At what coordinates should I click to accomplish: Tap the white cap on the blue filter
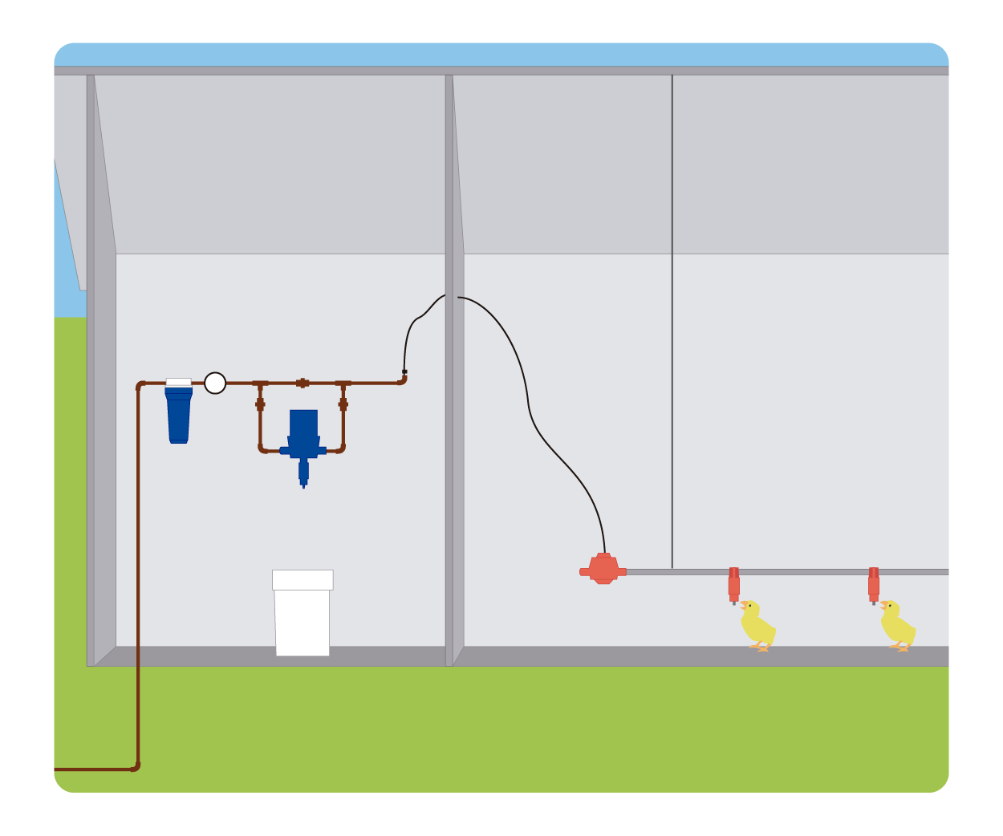coord(178,382)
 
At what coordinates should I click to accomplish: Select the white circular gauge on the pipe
coord(215,383)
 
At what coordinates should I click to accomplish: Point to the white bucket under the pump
coord(303,622)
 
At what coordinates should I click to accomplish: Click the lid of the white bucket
coord(303,579)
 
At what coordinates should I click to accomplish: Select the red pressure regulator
coord(603,569)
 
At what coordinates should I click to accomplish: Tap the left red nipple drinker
coord(733,584)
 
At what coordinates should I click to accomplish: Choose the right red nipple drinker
coord(874,584)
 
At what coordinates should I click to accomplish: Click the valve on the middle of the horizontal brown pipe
coord(303,383)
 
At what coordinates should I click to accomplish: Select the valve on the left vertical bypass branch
coord(260,404)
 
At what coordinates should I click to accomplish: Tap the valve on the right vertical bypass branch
coord(343,404)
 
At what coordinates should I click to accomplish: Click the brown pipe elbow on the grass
coord(136,767)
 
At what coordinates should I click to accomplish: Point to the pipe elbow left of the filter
coord(141,386)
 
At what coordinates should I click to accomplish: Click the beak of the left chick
coord(743,604)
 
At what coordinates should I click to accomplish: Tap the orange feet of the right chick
coord(899,647)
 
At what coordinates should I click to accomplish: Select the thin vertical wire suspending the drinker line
coord(672,321)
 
